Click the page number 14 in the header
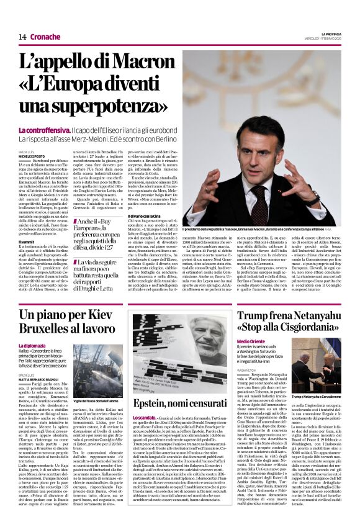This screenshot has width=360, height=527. pyautogui.click(x=22, y=37)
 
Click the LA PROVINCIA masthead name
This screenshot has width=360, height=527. pyautogui.click(x=330, y=32)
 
